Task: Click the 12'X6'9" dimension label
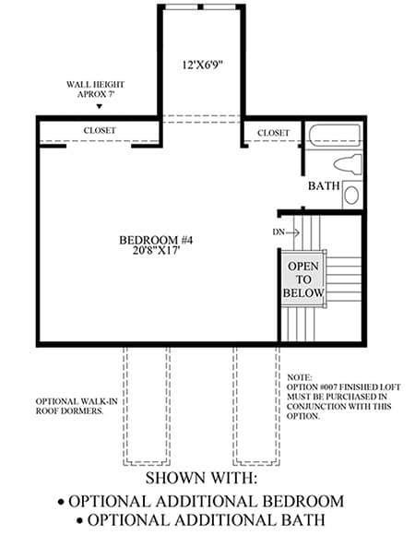point(203,65)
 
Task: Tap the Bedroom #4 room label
point(156,240)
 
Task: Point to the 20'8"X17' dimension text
point(156,251)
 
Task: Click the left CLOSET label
point(100,130)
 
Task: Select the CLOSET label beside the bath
point(274,133)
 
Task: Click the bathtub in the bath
point(336,136)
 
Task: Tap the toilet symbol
point(349,164)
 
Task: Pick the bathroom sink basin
point(351,196)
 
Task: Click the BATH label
point(324,186)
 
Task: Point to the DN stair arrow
point(292,232)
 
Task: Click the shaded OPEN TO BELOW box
point(302,279)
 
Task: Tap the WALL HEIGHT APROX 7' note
point(96,89)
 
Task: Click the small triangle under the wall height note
point(100,106)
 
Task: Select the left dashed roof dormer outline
point(147,406)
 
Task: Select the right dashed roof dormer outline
point(256,406)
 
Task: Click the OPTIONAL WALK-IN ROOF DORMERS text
point(77,406)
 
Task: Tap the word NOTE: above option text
point(300,377)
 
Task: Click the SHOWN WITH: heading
point(201,478)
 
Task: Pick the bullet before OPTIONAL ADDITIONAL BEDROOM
point(62,502)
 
